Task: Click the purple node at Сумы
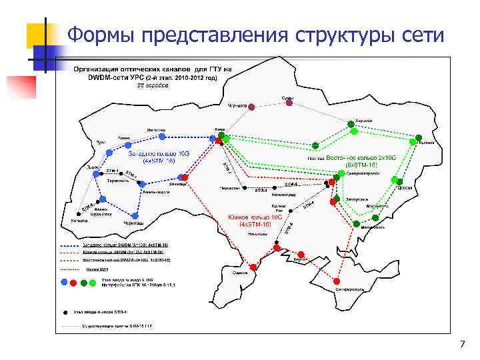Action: click(289, 105)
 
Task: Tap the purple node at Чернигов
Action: click(251, 105)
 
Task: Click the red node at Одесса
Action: click(253, 267)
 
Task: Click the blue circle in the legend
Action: click(64, 282)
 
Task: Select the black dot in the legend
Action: click(65, 311)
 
